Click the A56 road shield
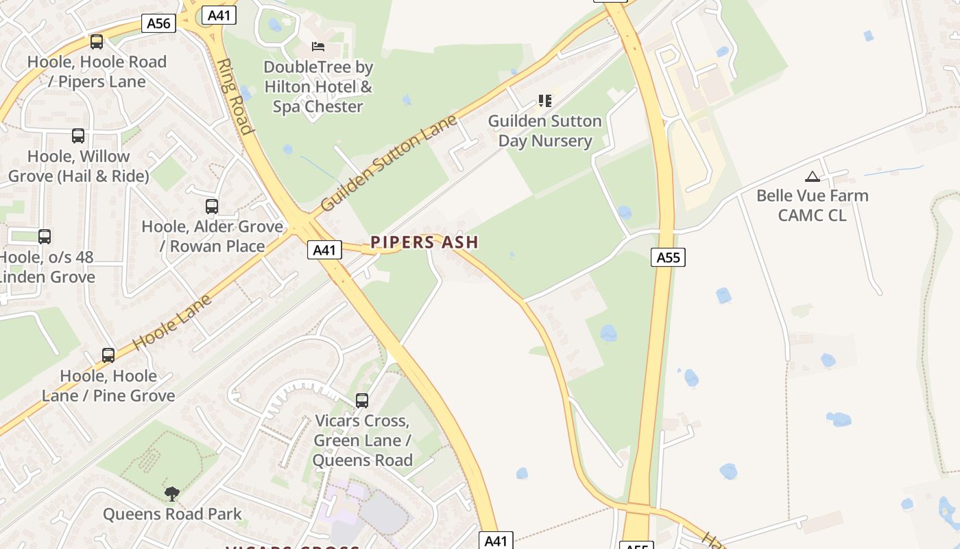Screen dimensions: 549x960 pos(158,23)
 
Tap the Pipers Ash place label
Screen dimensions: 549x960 pos(424,242)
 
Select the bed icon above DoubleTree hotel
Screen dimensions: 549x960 pos(318,47)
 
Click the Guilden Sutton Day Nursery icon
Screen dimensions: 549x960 pos(545,101)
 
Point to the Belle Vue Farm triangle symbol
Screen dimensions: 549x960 pos(813,176)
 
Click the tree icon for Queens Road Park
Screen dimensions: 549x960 pos(172,493)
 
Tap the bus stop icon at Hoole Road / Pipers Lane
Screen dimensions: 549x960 pos(97,42)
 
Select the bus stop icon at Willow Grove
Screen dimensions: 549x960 pos(78,136)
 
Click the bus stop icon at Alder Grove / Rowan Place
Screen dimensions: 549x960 pos(212,206)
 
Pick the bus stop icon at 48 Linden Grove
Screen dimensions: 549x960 pos(45,237)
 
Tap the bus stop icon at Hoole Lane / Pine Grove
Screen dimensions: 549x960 pos(108,355)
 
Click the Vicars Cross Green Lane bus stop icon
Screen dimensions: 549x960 pos(362,401)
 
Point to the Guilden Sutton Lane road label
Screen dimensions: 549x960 pos(388,163)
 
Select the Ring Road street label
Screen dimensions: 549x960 pos(233,95)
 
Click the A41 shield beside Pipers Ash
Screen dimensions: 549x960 pos(324,250)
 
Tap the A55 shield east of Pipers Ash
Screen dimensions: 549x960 pos(668,257)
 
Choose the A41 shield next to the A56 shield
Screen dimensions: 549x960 pos(218,15)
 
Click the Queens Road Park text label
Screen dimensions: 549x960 pos(172,514)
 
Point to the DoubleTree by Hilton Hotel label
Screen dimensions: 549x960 pos(318,86)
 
